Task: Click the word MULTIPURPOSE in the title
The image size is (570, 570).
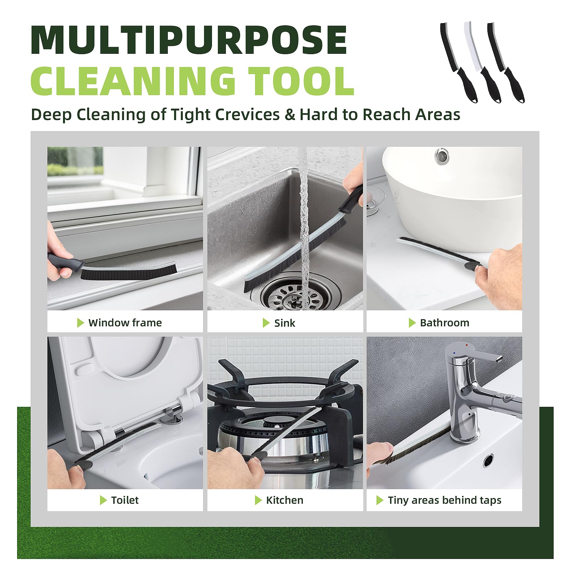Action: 189,40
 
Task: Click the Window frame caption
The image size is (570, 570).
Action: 125,323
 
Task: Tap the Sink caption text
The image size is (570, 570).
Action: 285,323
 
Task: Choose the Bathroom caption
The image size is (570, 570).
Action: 445,323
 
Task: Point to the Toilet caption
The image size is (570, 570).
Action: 125,500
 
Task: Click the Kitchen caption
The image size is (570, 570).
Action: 285,500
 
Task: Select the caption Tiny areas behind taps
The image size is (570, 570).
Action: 445,500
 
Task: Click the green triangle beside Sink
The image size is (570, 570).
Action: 266,323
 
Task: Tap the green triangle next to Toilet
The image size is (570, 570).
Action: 103,500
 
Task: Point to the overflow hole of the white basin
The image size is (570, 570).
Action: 442,155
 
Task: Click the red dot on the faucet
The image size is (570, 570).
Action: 467,345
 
